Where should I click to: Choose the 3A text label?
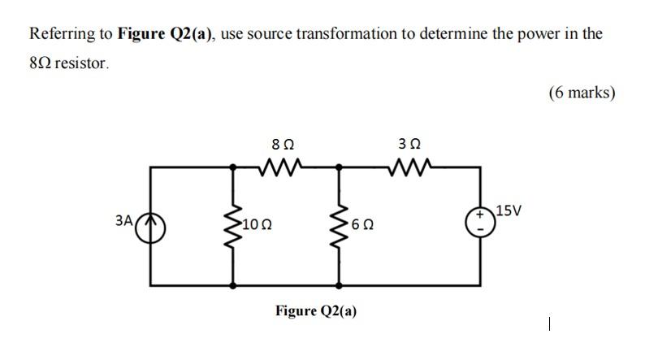(123, 219)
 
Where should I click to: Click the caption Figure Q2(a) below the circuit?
(316, 311)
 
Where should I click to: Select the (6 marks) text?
(582, 93)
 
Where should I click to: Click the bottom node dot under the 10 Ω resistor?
(235, 285)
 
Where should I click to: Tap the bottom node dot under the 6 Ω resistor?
(339, 285)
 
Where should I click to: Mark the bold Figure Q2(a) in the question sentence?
(167, 34)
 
